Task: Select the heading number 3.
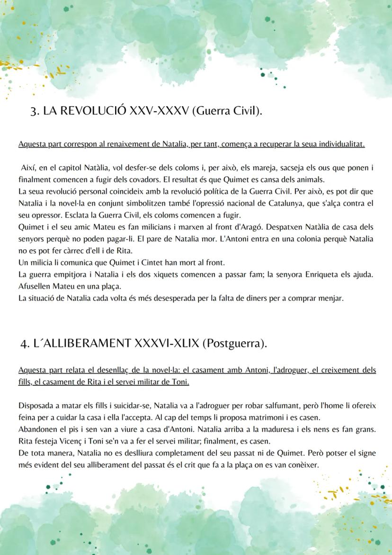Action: [34, 111]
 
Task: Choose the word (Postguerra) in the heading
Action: [234, 343]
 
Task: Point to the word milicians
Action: [125, 227]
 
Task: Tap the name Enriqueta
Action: [328, 274]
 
